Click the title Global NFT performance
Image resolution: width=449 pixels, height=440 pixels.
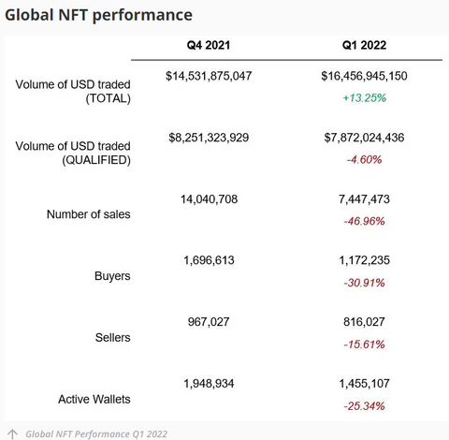(x=99, y=15)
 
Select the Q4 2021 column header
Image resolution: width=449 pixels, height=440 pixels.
(x=209, y=46)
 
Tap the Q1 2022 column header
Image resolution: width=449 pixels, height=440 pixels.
(x=365, y=46)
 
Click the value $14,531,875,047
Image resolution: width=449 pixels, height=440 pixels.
(x=209, y=75)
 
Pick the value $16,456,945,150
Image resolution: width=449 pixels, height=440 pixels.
(x=365, y=75)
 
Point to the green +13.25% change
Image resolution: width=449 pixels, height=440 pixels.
(x=365, y=96)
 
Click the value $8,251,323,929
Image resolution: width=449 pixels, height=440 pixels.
(x=209, y=138)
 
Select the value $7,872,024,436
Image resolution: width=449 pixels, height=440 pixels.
(x=365, y=138)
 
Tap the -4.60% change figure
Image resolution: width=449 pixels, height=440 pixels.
(x=365, y=159)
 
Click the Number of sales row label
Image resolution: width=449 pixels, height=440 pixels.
(x=89, y=214)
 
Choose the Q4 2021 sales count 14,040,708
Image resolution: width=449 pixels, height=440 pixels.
(x=209, y=199)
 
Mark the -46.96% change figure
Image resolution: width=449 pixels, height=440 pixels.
(x=365, y=221)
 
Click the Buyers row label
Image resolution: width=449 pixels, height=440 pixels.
(x=112, y=276)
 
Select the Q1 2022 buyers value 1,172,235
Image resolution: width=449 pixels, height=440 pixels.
(x=365, y=261)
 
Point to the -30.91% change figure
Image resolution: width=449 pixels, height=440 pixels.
(x=365, y=283)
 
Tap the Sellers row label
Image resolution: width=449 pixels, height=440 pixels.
(x=112, y=337)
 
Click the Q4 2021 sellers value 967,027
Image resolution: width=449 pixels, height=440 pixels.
(x=209, y=322)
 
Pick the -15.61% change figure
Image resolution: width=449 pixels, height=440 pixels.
(x=365, y=345)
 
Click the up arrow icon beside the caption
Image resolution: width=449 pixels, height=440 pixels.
(x=12, y=433)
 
